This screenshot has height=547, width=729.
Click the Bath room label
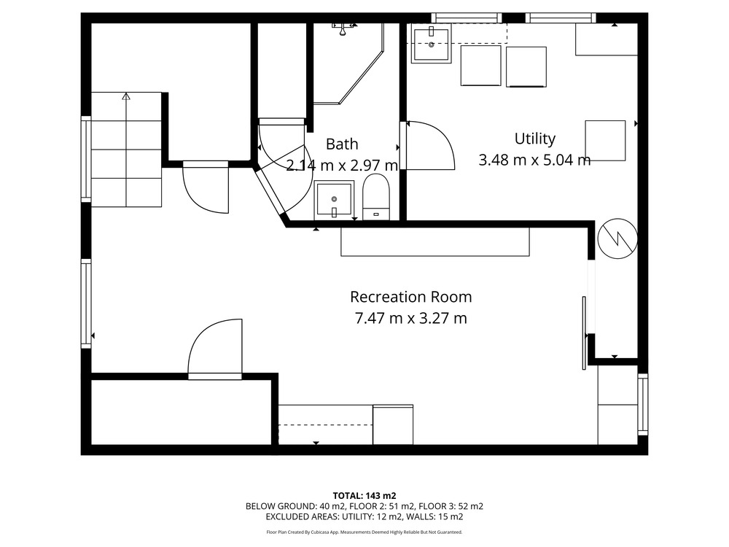pyautogui.click(x=342, y=144)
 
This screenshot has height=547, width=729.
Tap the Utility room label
pyautogui.click(x=534, y=139)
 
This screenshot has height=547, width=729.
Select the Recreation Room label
pyautogui.click(x=410, y=297)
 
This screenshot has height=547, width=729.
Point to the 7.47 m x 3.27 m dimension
pyautogui.click(x=410, y=318)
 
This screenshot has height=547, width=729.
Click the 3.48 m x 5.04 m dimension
pyautogui.click(x=534, y=160)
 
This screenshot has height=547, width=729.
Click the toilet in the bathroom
pyautogui.click(x=375, y=196)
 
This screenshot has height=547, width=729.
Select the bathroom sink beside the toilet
pyautogui.click(x=334, y=200)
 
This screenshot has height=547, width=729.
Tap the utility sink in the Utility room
pyautogui.click(x=432, y=44)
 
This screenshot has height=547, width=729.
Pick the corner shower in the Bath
pyautogui.click(x=348, y=63)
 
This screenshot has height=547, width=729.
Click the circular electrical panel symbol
pyautogui.click(x=617, y=238)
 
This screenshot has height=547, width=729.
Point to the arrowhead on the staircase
pyautogui.click(x=126, y=96)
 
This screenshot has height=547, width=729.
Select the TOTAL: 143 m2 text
pyautogui.click(x=364, y=496)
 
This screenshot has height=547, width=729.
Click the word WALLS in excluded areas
pyautogui.click(x=421, y=517)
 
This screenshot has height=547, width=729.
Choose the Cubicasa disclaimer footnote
pyautogui.click(x=364, y=532)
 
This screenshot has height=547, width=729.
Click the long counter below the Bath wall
pyautogui.click(x=435, y=241)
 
